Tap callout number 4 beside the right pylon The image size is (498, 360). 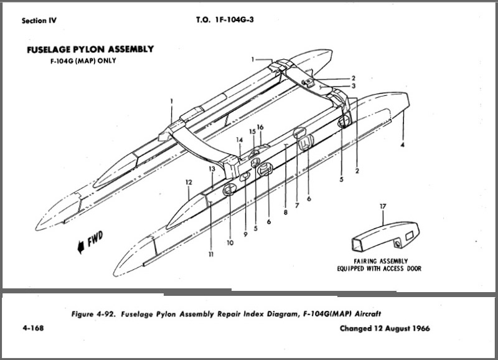pos(403,144)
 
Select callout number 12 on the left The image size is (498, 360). pos(188,182)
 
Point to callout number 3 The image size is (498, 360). pos(354,86)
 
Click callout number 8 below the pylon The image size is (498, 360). pos(285,212)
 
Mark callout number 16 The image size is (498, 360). pos(260,127)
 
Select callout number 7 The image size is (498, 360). pos(297,205)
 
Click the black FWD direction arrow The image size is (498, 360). pos(80,248)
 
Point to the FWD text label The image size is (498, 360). pos(95,239)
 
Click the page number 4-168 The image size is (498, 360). pos(30,328)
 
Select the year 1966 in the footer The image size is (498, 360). pos(418,328)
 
